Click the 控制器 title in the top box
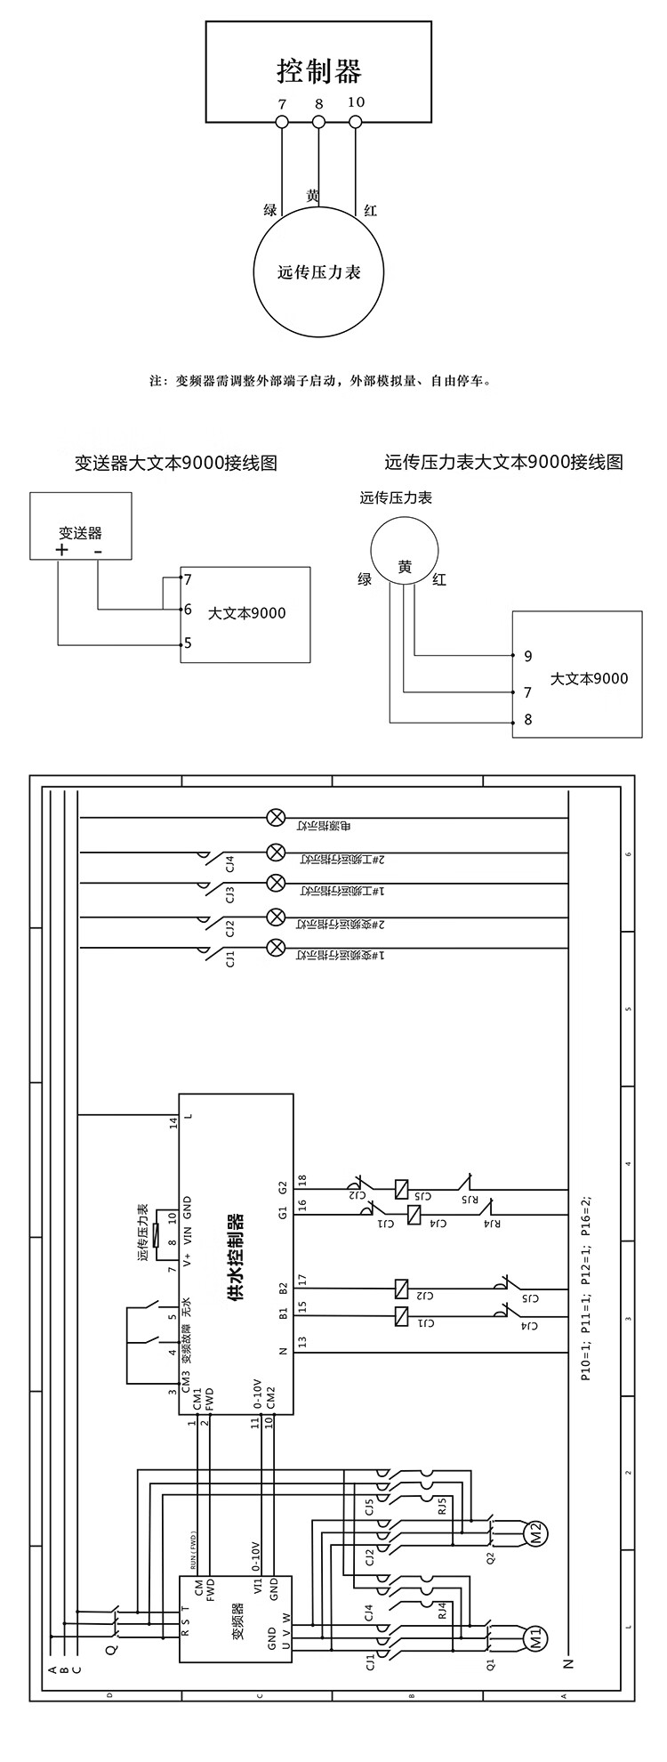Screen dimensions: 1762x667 coord(319,70)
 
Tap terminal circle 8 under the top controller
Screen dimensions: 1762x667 coord(318,121)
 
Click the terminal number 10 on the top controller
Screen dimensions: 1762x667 coord(356,101)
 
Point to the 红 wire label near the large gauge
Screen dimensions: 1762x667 coord(370,211)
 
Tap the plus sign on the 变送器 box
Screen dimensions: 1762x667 coord(61,550)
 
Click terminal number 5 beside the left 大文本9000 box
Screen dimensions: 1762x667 coord(188,643)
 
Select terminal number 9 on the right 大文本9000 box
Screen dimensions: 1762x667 coord(528,656)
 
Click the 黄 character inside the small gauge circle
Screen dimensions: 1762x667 coord(405,567)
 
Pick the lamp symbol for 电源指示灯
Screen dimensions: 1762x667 coord(276,817)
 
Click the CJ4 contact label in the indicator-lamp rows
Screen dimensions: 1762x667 coord(229,863)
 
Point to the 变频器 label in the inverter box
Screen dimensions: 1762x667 coord(238,1590)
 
